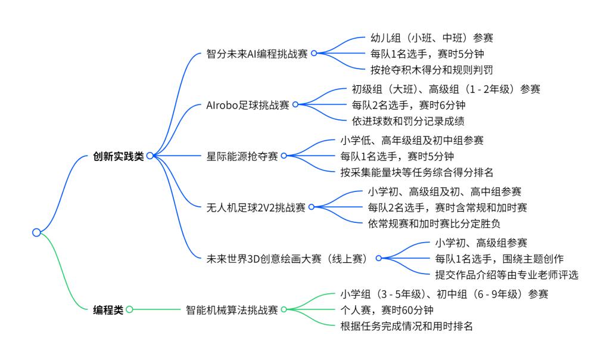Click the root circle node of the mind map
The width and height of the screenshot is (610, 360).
click(x=36, y=232)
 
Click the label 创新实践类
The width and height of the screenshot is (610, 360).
click(x=119, y=156)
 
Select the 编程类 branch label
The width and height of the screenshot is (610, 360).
click(x=108, y=310)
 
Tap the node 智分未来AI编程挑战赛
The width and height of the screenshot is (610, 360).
click(x=257, y=54)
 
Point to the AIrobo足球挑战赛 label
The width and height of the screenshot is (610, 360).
click(x=247, y=105)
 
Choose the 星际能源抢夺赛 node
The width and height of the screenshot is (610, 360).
click(x=242, y=156)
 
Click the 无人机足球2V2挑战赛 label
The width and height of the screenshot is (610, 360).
click(x=256, y=207)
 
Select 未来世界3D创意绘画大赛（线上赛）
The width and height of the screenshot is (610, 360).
click(x=287, y=259)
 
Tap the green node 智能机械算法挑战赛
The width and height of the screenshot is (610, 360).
click(x=232, y=310)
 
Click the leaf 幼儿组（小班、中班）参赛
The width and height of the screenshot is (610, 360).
click(x=432, y=38)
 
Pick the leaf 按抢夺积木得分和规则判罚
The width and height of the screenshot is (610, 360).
click(x=432, y=70)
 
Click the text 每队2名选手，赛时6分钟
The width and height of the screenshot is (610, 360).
click(x=409, y=105)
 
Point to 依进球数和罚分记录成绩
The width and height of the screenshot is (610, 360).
click(x=408, y=121)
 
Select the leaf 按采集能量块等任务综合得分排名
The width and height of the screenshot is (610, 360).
click(x=416, y=172)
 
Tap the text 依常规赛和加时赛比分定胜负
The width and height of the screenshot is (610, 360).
click(x=434, y=224)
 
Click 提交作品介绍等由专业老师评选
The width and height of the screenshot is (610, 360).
click(x=506, y=275)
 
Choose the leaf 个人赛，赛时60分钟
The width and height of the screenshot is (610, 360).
click(x=387, y=310)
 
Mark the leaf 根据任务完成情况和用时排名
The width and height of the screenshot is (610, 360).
click(x=406, y=326)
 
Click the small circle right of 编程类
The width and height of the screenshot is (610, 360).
click(x=129, y=309)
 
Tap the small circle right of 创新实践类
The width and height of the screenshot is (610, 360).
click(x=150, y=156)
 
